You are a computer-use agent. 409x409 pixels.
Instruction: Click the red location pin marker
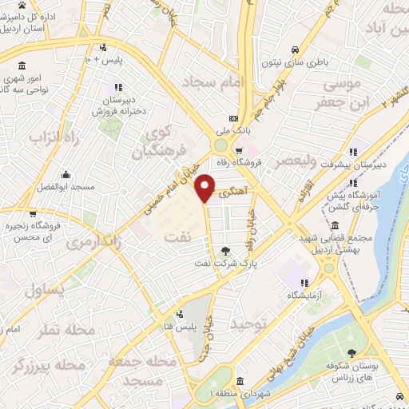206,188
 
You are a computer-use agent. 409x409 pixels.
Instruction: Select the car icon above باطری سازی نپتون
296,46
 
